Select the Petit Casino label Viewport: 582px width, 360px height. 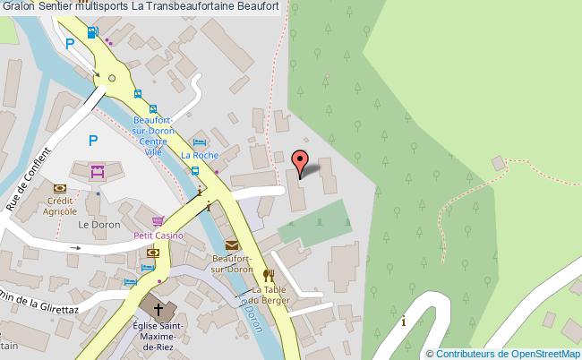158,235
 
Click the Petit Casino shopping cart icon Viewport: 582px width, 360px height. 158,221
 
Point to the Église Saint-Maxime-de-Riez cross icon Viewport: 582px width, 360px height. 159,309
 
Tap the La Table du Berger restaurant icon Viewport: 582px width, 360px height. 267,276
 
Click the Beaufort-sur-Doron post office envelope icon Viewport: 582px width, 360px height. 233,244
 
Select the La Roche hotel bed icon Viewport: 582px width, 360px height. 200,142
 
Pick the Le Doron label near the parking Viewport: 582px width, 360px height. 93,224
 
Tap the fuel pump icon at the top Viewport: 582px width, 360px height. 92,33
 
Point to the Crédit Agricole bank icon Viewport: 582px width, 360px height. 60,189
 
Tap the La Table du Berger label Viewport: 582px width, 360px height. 268,296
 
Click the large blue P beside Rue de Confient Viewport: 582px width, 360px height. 92,141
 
